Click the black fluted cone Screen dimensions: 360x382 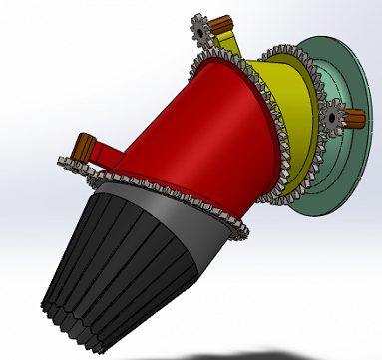(120, 259)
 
